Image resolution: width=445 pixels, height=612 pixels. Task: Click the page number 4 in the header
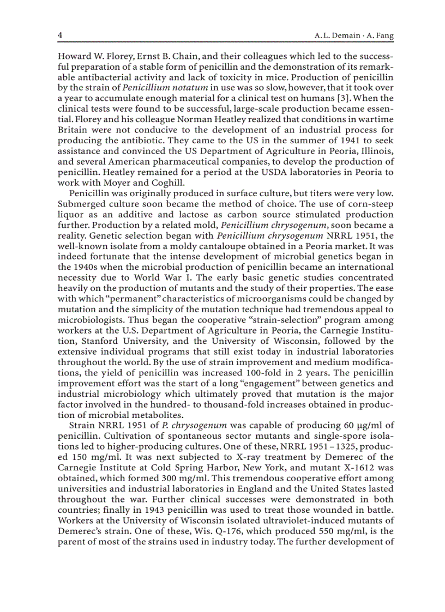[61, 35]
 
